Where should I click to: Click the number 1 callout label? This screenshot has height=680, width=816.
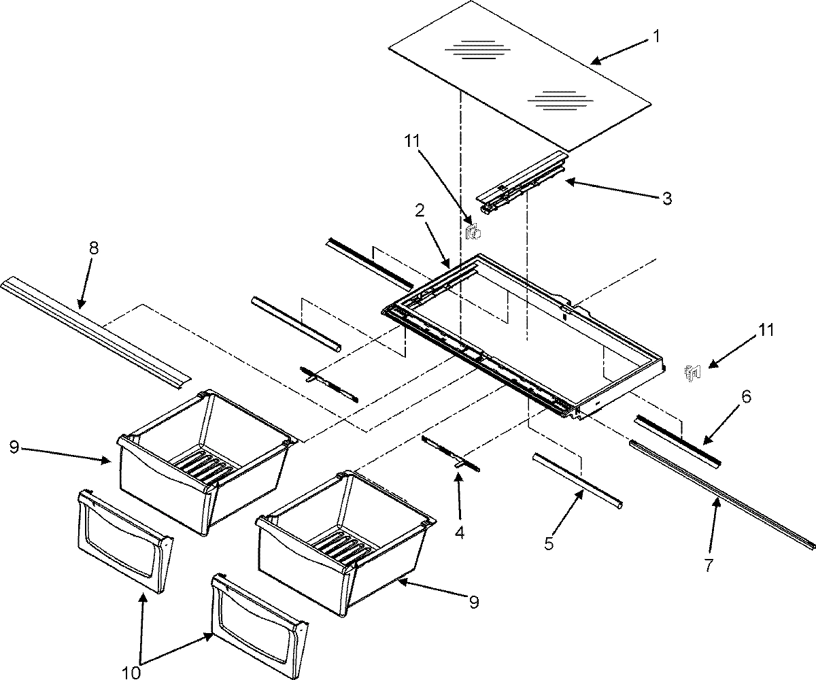[656, 37]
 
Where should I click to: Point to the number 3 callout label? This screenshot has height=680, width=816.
[667, 199]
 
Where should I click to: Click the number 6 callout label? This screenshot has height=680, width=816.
[746, 397]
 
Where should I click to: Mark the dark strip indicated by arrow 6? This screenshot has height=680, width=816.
[677, 440]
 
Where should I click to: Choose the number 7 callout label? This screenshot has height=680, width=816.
[709, 564]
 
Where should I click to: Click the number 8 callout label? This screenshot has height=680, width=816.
[93, 248]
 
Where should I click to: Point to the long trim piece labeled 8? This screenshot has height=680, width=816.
[95, 330]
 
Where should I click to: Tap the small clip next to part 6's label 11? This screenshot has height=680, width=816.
[692, 371]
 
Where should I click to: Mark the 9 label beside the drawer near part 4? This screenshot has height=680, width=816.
[474, 601]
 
